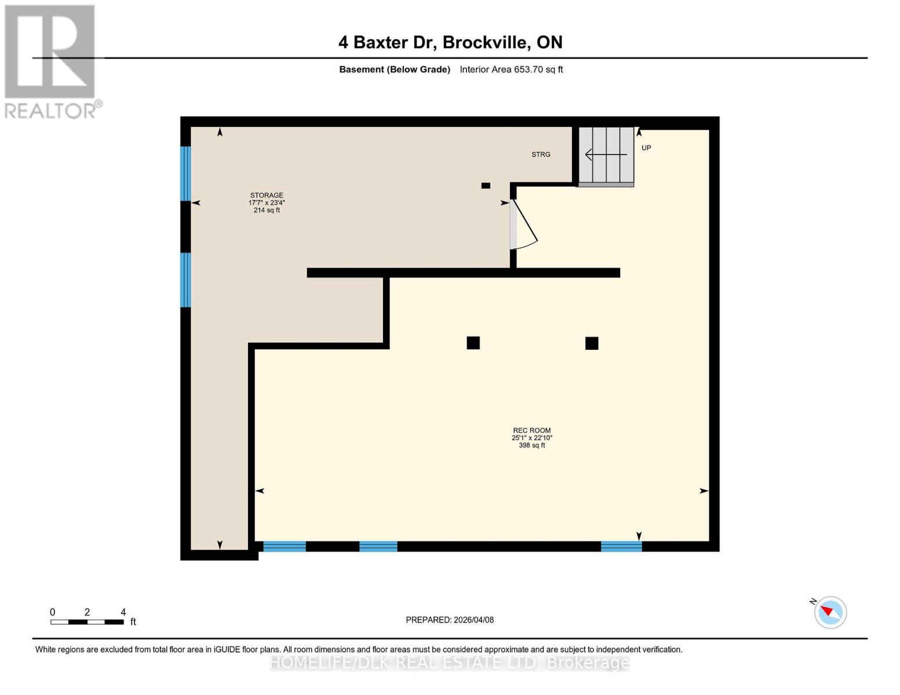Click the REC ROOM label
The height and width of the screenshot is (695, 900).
tap(531, 430)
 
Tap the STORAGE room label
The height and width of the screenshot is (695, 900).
tap(267, 195)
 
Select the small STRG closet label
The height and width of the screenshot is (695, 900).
tap(541, 155)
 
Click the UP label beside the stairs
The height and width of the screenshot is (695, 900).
tap(646, 148)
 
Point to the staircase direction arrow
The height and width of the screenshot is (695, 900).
tap(606, 155)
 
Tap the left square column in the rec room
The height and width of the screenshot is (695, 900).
tap(473, 343)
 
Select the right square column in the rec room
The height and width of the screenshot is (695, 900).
tap(591, 343)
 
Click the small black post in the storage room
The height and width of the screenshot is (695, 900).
tap(486, 185)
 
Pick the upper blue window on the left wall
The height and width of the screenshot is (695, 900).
tap(185, 173)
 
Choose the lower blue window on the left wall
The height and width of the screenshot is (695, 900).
tap(185, 280)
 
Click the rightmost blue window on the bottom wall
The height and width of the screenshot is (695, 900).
tap(621, 546)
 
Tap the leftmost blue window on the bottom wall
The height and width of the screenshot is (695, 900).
tap(284, 546)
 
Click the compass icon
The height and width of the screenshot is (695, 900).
tap(830, 612)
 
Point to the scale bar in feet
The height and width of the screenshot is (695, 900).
tap(87, 622)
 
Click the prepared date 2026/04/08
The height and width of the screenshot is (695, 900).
tap(449, 620)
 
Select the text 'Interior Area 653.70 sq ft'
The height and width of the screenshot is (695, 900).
tap(511, 69)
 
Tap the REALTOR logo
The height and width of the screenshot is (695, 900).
tap(51, 61)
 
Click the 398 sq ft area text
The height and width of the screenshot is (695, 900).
tap(531, 445)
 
